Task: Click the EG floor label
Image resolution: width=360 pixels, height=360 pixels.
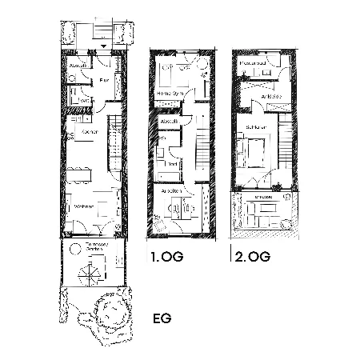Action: tap(162, 318)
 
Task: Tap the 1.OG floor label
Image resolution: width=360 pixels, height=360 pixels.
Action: tap(166, 258)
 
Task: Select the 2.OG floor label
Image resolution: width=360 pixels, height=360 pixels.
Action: tap(250, 258)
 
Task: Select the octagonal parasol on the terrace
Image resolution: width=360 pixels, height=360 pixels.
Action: tap(88, 275)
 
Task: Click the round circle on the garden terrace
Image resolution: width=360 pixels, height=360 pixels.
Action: tap(73, 250)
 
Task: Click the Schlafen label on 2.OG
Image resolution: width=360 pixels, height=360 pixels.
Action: tap(256, 126)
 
